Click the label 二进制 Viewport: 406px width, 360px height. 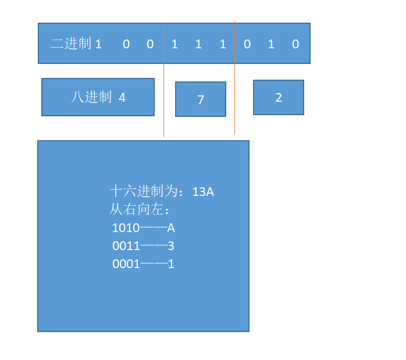tap(71, 44)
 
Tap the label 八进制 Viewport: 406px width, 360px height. tap(91, 97)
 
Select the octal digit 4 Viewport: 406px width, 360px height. tap(122, 98)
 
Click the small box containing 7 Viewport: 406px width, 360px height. tap(201, 99)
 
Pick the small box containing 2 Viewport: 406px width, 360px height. tap(279, 98)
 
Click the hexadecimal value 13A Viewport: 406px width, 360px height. tap(203, 191)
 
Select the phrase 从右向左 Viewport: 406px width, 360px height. tap(137, 209)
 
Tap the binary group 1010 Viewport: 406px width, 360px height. tap(126, 228)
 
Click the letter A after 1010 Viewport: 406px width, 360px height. tap(171, 228)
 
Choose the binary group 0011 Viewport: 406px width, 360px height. tap(126, 246)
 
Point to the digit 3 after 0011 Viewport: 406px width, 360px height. tap(171, 246)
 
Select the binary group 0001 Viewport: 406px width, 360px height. tap(126, 264)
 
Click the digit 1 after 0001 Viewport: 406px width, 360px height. tap(171, 264)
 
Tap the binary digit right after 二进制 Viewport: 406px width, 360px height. tap(98, 44)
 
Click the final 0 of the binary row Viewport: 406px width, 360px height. tap(295, 44)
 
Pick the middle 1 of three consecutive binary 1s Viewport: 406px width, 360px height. tap(198, 44)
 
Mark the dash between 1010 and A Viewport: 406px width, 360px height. tap(154, 228)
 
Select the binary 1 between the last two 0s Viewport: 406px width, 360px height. tap(271, 44)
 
